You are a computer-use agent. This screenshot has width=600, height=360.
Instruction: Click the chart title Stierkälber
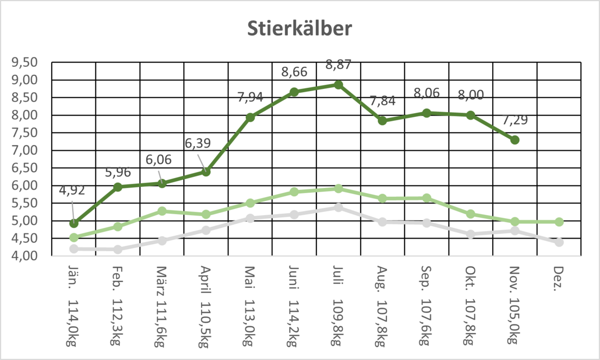[x=300, y=29]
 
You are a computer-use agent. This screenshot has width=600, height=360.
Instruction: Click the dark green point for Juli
[x=338, y=85]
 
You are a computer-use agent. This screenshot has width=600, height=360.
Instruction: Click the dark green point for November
[x=515, y=140]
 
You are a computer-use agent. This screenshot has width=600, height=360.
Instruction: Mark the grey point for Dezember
[x=559, y=242]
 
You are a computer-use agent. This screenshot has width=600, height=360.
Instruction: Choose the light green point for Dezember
[x=559, y=222]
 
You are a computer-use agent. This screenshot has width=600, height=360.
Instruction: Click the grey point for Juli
[x=338, y=207]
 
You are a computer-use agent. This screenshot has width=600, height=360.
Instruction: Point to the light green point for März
[x=162, y=211]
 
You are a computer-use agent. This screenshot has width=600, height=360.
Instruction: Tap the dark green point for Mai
[x=250, y=117]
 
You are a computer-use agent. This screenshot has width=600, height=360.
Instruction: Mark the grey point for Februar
[x=118, y=249]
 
